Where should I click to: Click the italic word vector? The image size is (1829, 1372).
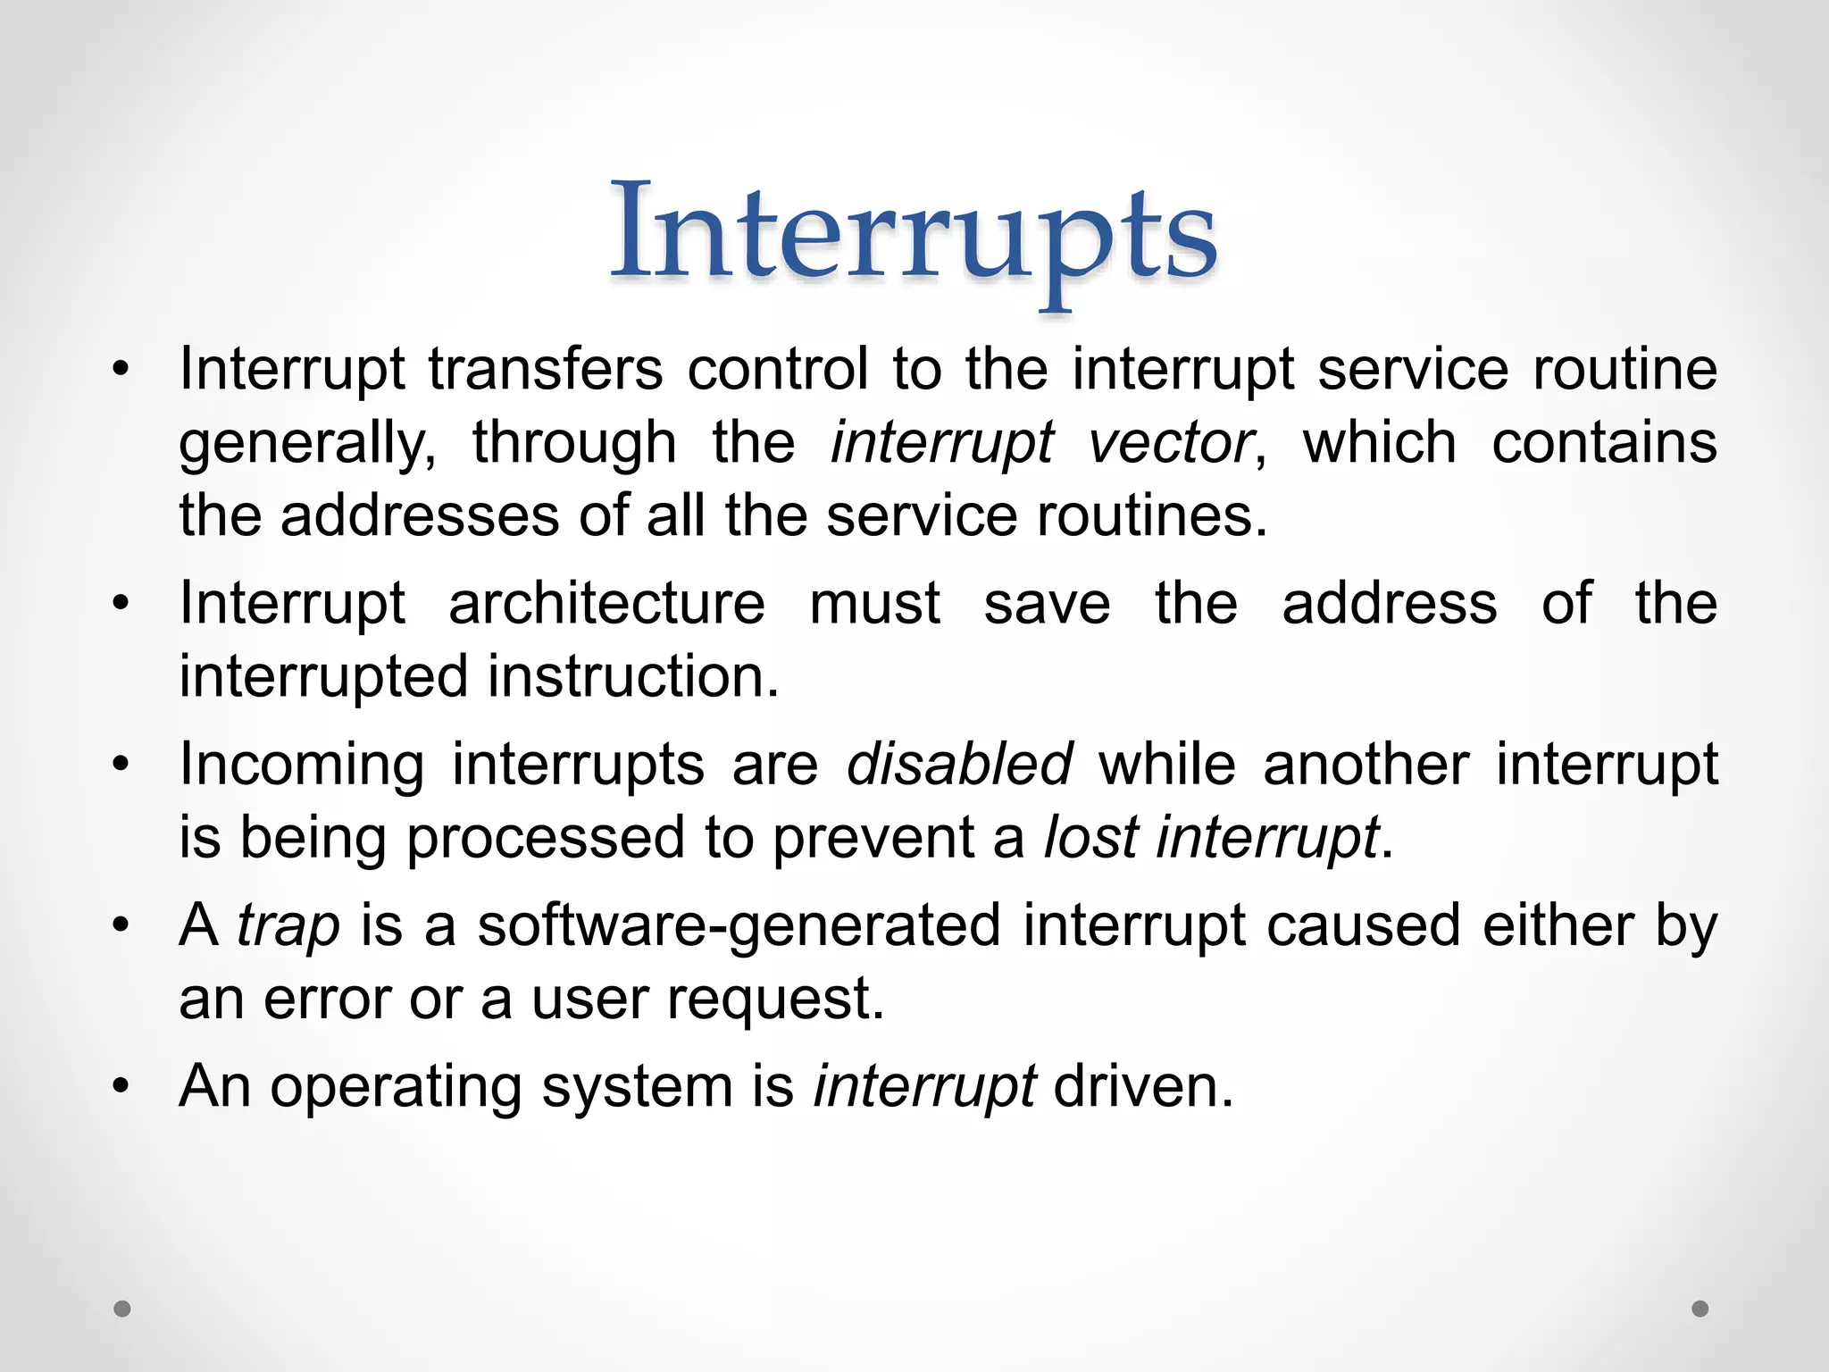coord(1171,442)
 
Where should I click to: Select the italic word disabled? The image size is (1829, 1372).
coord(959,765)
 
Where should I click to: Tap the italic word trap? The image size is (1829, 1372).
coord(288,925)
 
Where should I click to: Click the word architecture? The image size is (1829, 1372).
coord(606,603)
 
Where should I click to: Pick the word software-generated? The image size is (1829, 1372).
coord(739,925)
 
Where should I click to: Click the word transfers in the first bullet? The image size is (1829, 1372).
coord(545,369)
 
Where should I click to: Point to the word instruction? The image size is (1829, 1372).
coord(632,676)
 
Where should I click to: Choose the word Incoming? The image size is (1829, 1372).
coord(302,765)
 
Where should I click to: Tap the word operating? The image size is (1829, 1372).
coord(396,1088)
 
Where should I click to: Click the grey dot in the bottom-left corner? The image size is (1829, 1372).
coord(122,1309)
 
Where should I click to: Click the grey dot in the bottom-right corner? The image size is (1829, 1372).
coord(1700,1309)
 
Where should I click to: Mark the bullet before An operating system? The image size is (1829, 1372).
coord(121,1087)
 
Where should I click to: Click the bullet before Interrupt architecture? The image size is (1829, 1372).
coord(121,604)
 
